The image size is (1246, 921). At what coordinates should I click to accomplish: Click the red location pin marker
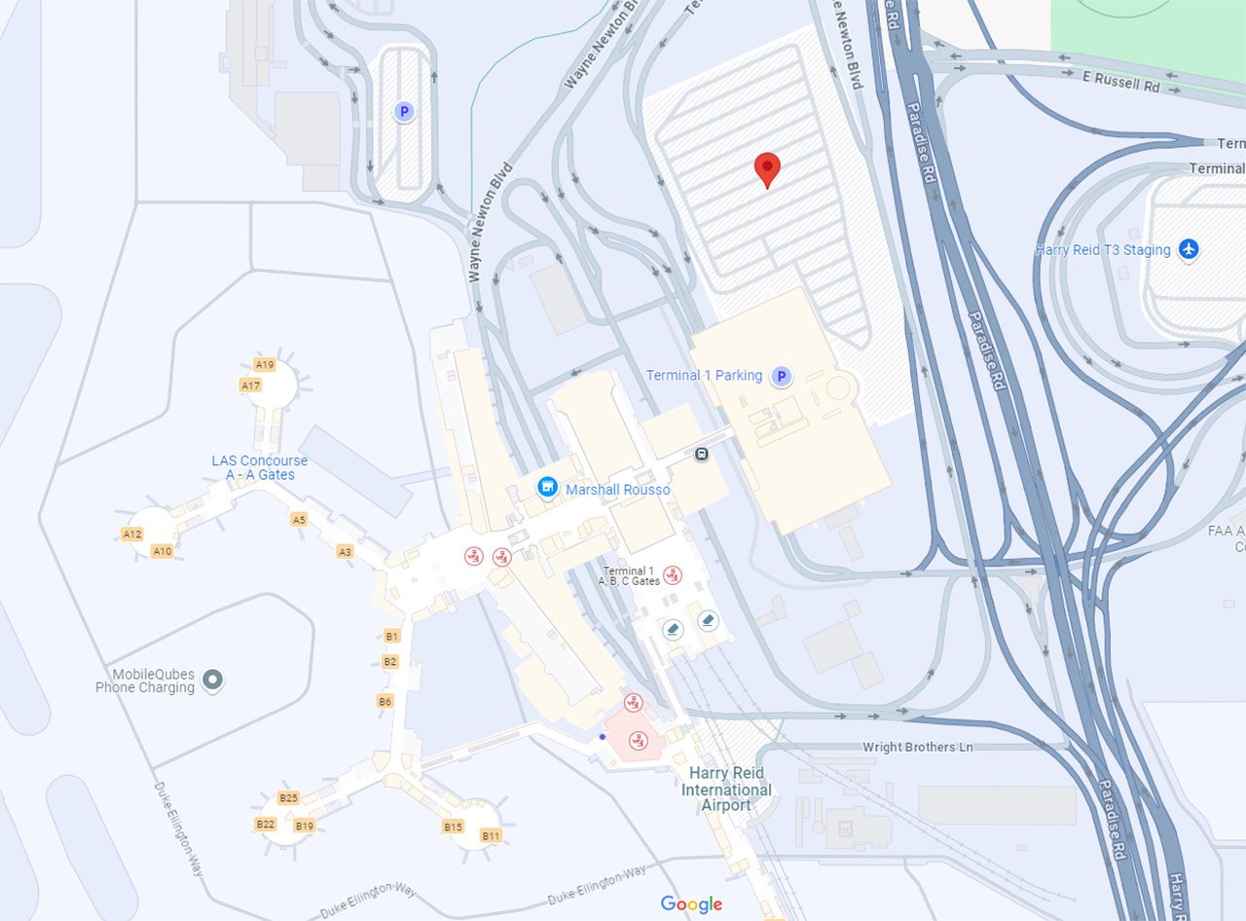768,168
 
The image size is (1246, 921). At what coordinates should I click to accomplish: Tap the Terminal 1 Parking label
704,376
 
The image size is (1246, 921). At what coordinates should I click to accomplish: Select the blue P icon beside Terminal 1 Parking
781,377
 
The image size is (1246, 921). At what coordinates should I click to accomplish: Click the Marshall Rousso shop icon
548,486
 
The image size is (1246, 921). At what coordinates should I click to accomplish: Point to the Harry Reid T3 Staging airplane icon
1188,250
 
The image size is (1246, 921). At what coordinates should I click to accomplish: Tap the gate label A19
264,364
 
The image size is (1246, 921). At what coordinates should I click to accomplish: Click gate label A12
132,534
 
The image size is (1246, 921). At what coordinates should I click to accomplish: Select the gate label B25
288,798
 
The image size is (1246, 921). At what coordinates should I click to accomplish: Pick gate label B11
491,835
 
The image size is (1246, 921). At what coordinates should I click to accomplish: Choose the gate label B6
385,701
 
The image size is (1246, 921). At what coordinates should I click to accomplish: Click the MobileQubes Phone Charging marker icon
213,681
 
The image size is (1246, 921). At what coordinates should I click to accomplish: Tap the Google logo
691,904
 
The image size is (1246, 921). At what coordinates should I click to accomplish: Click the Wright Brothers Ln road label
918,748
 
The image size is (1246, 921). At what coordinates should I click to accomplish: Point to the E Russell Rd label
1121,84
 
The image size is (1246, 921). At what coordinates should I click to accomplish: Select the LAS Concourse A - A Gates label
259,467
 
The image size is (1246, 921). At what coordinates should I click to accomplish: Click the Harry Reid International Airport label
727,789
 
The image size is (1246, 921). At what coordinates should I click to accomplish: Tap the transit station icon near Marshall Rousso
702,454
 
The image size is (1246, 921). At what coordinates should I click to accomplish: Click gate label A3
345,552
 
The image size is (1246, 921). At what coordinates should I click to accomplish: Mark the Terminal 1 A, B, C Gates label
629,575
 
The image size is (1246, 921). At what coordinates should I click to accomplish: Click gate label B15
453,827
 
